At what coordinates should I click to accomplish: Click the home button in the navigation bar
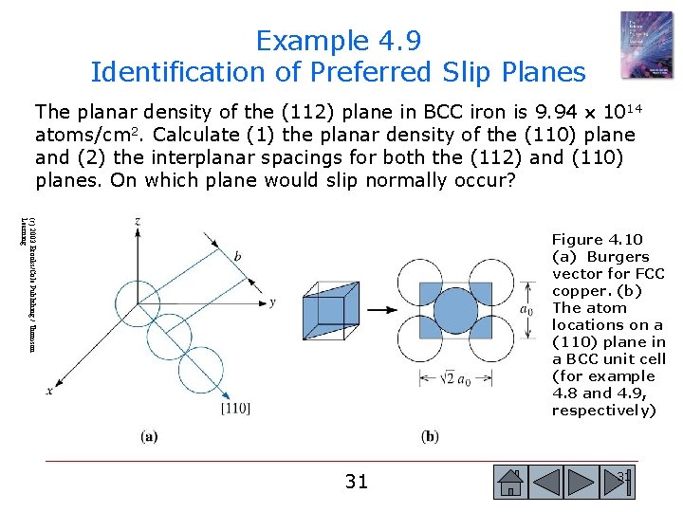511,483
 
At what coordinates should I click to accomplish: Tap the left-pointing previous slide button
547,483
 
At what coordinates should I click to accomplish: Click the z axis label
138,221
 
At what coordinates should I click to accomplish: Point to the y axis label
272,302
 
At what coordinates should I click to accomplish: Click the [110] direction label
234,408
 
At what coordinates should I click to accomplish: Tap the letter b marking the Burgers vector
237,257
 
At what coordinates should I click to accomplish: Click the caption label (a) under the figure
150,436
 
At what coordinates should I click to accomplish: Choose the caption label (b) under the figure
430,436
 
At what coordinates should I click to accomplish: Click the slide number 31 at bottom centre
356,482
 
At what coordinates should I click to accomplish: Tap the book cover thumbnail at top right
645,44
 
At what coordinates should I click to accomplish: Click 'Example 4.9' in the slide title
339,41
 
